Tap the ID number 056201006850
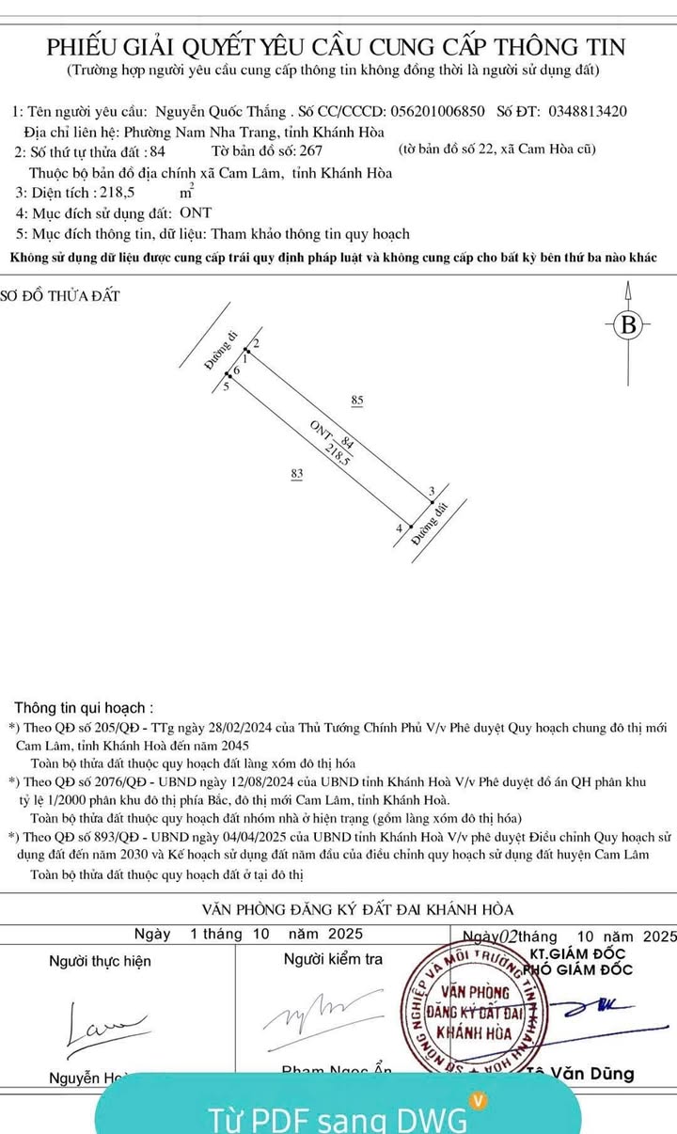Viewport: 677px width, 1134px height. (436, 111)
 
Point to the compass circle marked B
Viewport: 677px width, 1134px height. (629, 326)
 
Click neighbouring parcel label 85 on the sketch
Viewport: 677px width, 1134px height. (357, 402)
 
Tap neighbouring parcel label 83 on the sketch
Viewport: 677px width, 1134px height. (297, 475)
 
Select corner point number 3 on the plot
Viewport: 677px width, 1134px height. (431, 492)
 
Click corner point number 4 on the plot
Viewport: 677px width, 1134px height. (400, 529)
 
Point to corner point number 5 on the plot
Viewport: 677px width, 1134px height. (226, 386)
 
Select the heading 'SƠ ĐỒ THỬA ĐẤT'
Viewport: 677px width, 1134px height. (62, 296)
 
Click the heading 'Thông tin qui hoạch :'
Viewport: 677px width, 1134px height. (84, 707)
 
